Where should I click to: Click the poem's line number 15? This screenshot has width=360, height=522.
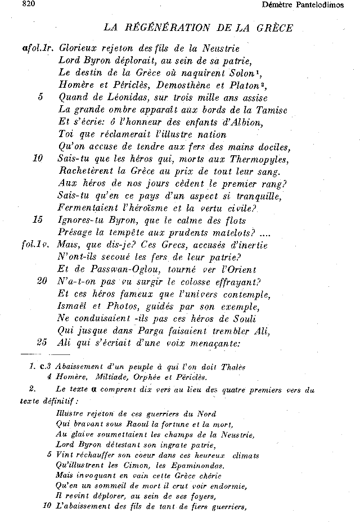tap(38, 220)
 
